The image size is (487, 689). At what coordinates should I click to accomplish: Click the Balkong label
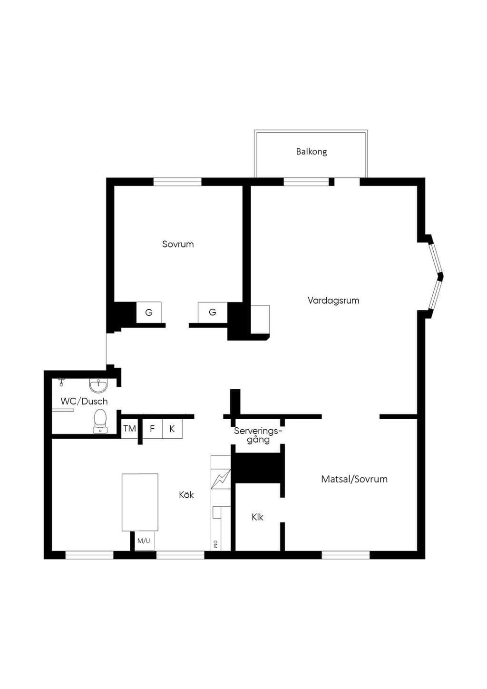pyautogui.click(x=312, y=152)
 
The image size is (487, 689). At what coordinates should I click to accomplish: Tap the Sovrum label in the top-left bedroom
pyautogui.click(x=178, y=244)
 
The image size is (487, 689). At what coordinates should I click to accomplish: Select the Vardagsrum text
pyautogui.click(x=333, y=300)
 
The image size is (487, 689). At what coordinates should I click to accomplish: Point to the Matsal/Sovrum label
pyautogui.click(x=354, y=479)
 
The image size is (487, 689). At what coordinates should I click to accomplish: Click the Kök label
pyautogui.click(x=186, y=494)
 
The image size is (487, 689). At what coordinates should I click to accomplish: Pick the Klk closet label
pyautogui.click(x=257, y=517)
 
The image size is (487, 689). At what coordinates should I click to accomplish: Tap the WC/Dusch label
pyautogui.click(x=84, y=402)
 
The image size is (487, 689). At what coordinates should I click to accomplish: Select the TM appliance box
pyautogui.click(x=129, y=428)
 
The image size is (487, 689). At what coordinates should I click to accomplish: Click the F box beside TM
pyautogui.click(x=152, y=428)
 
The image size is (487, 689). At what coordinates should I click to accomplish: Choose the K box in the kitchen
pyautogui.click(x=172, y=428)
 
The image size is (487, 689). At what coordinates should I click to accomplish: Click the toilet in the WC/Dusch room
pyautogui.click(x=99, y=421)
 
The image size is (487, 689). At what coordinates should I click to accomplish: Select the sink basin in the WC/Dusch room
pyautogui.click(x=98, y=385)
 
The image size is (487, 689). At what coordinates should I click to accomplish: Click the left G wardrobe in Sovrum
pyautogui.click(x=149, y=312)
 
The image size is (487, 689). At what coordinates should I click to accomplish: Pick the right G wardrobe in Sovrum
pyautogui.click(x=213, y=312)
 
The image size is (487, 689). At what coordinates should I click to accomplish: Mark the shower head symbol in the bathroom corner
pyautogui.click(x=61, y=383)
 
